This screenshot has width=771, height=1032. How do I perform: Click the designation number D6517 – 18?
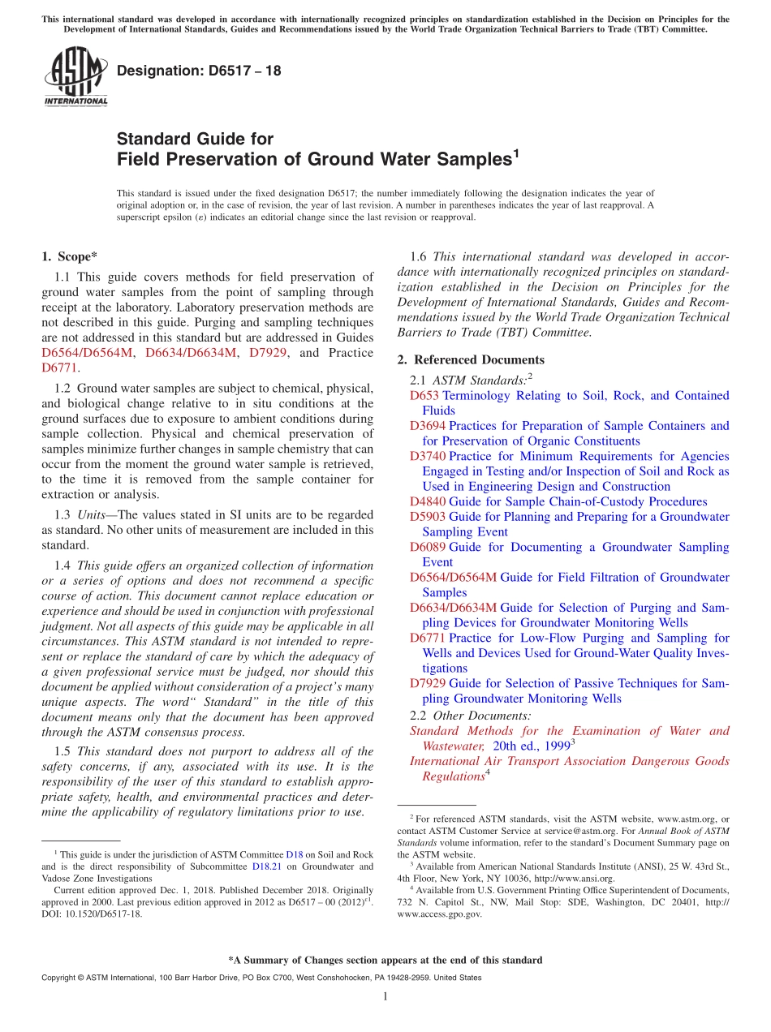pos(199,71)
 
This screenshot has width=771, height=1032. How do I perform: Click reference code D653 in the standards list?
pos(424,396)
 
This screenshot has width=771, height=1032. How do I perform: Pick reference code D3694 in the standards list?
pos(427,426)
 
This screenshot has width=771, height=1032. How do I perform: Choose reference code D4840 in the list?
pos(427,502)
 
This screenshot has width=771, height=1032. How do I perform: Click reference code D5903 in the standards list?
pos(427,517)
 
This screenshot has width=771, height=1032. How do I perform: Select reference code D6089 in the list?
pos(427,548)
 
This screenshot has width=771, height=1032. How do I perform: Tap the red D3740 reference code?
pos(427,457)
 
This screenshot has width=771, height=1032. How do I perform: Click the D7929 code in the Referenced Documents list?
pos(427,684)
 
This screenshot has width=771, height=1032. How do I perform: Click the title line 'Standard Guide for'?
pos(195,139)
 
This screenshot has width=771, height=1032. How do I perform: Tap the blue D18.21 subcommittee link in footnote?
pos(266,866)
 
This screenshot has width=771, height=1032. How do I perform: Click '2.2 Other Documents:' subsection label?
pos(471,716)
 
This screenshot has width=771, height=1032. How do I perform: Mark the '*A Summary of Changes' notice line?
pos(385,960)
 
